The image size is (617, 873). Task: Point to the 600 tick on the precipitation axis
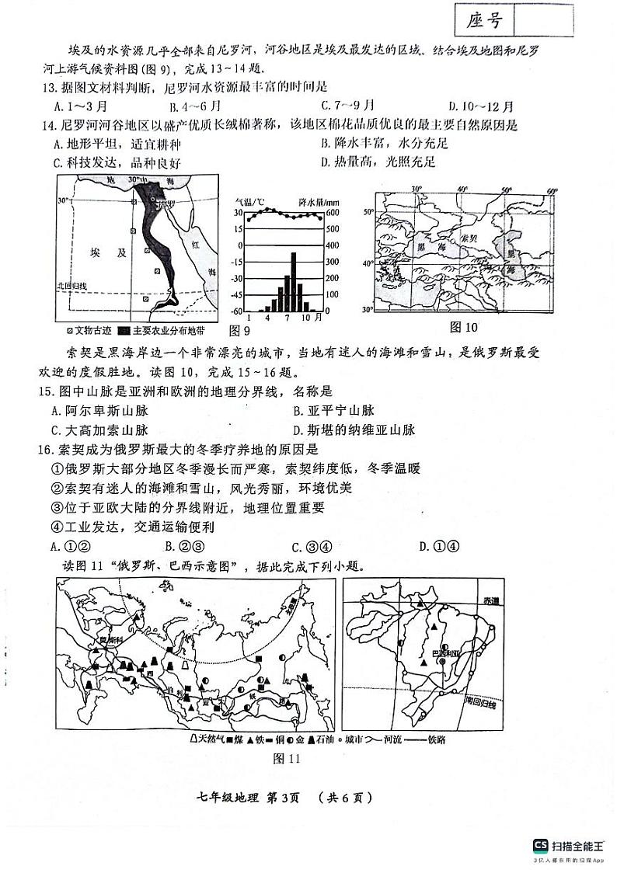[x=331, y=213]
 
